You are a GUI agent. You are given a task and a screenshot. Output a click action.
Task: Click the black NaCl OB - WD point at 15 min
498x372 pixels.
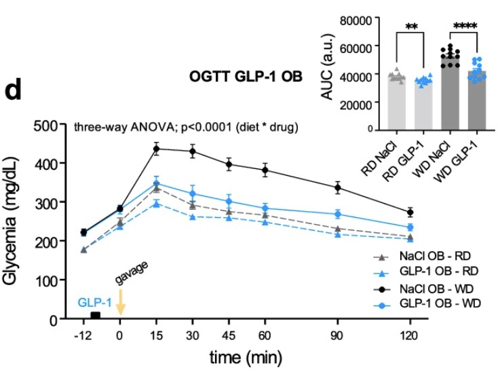coord(157,149)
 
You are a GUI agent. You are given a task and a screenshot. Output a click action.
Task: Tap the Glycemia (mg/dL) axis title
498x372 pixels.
coord(21,222)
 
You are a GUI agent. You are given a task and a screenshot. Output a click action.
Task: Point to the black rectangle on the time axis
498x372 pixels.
coord(96,316)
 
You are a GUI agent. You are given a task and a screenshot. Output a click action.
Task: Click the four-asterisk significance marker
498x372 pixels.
coord(465,26)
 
